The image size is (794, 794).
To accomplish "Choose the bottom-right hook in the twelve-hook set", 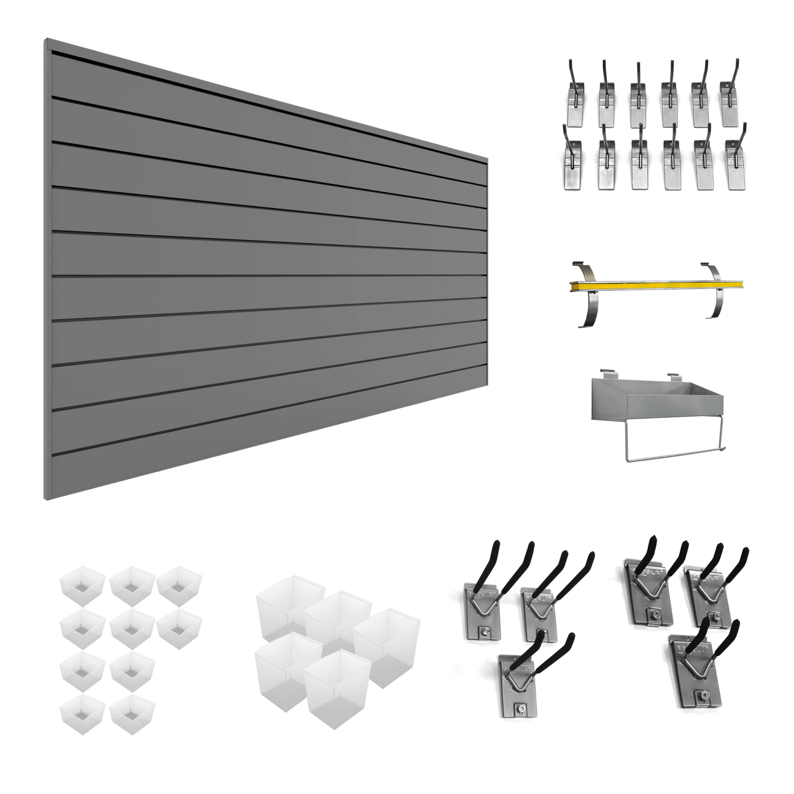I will [736, 164].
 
